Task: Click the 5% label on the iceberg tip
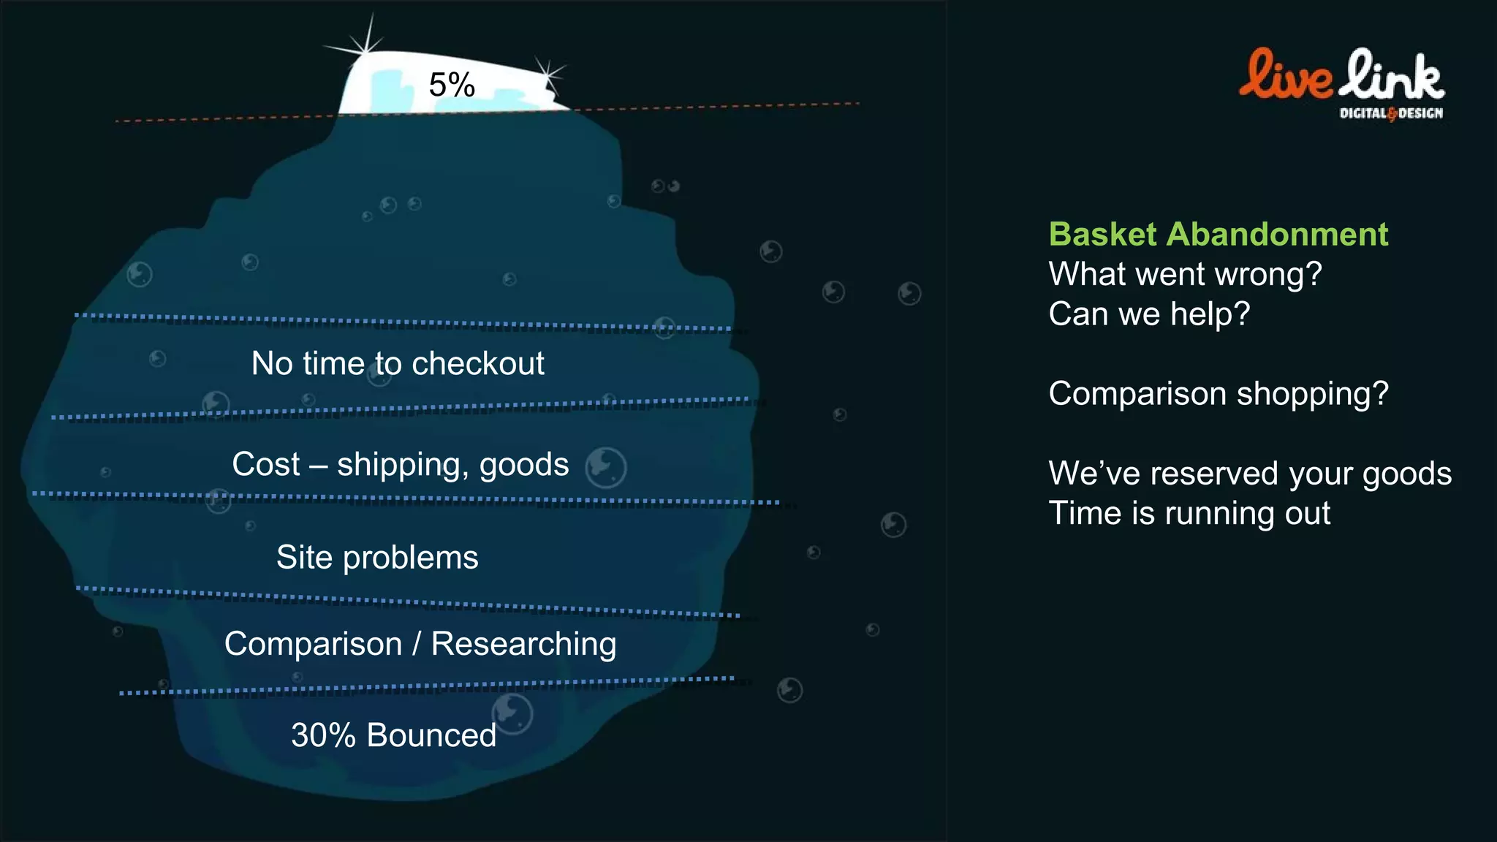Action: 452,85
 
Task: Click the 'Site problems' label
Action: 377,558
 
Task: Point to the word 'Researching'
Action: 523,644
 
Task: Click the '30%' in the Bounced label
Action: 323,735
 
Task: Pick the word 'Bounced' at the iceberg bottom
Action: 431,735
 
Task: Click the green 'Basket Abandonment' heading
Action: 1218,235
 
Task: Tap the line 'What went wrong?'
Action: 1185,274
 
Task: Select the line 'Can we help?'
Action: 1149,314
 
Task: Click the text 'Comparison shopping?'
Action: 1218,394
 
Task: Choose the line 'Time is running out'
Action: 1189,513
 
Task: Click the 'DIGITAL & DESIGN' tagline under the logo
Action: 1391,113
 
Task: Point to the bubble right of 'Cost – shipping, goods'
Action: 606,467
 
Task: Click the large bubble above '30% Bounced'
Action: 512,713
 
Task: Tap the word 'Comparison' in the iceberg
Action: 313,644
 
